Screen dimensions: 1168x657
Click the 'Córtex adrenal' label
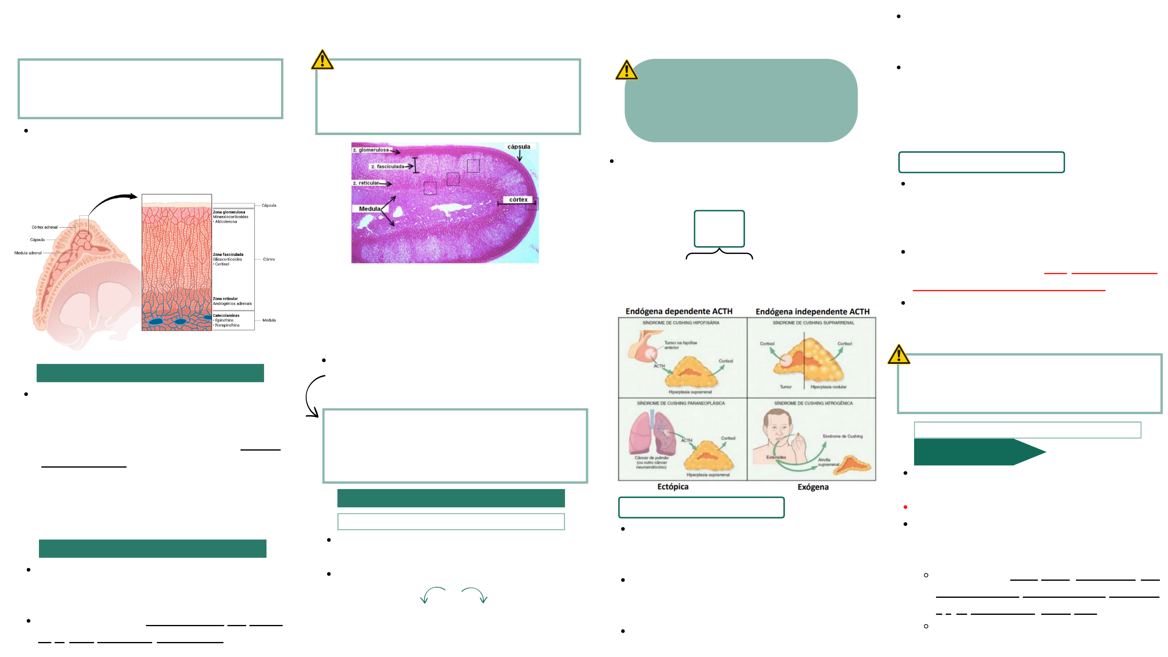(45, 227)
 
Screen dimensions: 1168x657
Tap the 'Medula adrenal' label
(28, 253)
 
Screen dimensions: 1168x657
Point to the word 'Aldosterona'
(226, 222)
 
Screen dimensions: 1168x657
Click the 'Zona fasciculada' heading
(228, 254)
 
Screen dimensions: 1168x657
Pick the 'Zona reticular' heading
(225, 299)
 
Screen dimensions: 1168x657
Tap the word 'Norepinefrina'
(227, 325)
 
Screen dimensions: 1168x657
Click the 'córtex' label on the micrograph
(518, 200)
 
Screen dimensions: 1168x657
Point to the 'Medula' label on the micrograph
(369, 209)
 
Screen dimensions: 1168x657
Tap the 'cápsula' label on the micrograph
(519, 147)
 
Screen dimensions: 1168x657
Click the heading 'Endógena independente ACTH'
(812, 311)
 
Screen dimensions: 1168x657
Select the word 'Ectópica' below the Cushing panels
(672, 487)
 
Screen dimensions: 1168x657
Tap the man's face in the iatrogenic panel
(777, 426)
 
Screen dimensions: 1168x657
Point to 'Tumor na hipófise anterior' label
(680, 345)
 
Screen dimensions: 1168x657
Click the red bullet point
(905, 507)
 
